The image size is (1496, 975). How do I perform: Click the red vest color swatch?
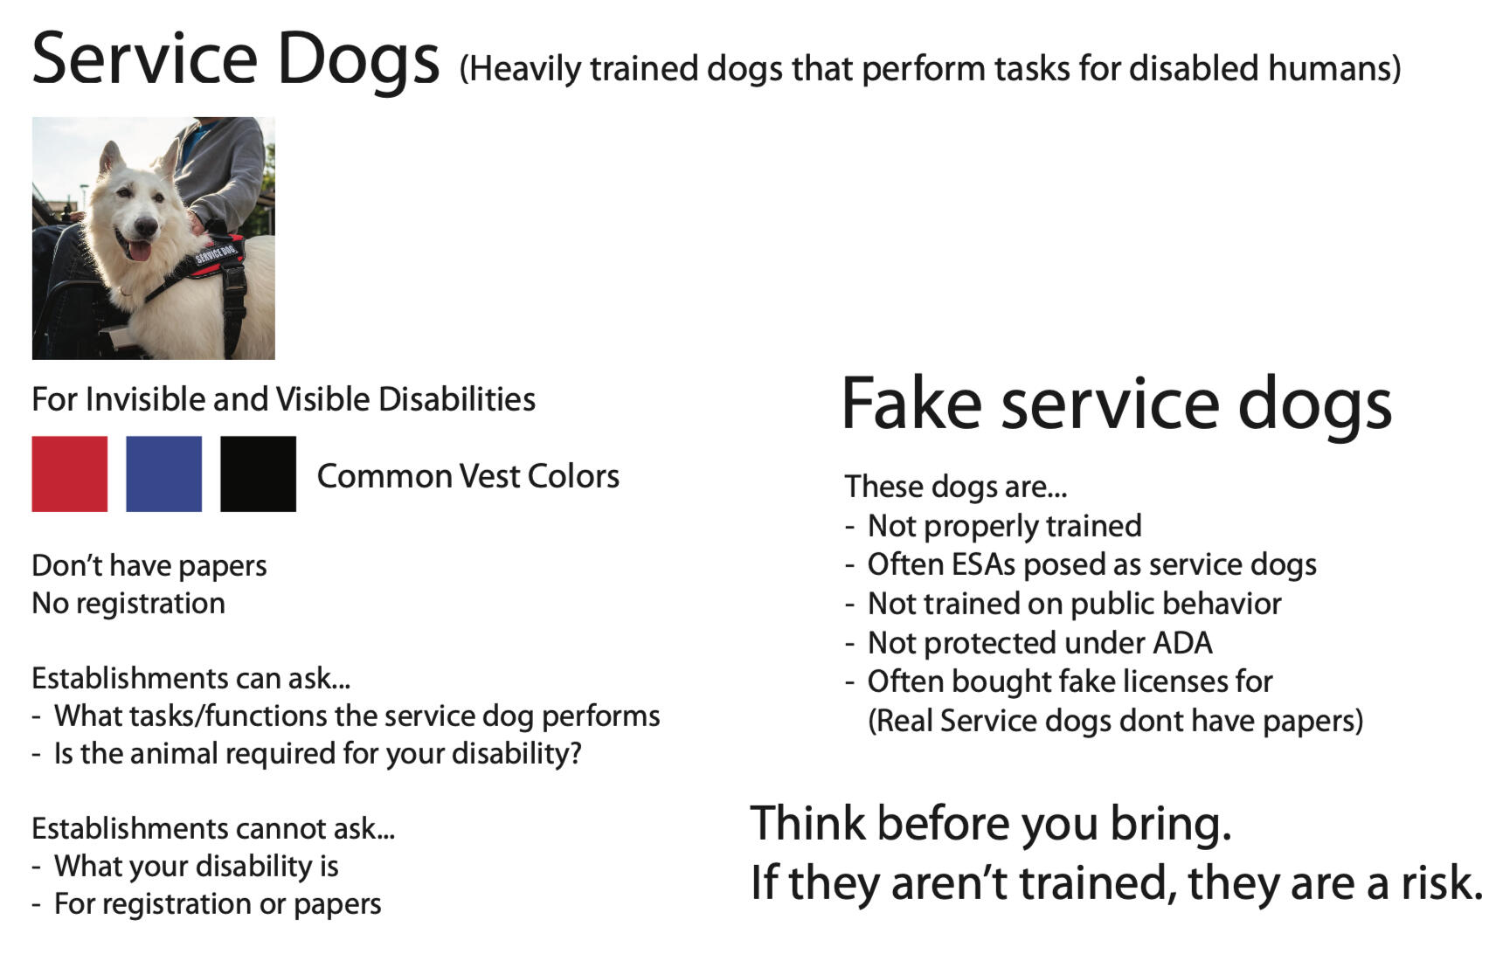click(x=69, y=474)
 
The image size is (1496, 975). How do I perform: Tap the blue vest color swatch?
click(x=163, y=474)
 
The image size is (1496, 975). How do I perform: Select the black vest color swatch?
click(x=258, y=474)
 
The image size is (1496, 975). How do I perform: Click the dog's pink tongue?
click(x=140, y=252)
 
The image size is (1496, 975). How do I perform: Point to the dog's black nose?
click(x=145, y=225)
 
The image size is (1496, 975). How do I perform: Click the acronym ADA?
click(x=1183, y=643)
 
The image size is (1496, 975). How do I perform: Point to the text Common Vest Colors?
click(x=468, y=476)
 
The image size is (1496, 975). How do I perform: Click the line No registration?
click(x=128, y=604)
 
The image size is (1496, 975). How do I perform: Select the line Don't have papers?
click(x=149, y=566)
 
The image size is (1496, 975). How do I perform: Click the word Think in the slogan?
click(x=807, y=823)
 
